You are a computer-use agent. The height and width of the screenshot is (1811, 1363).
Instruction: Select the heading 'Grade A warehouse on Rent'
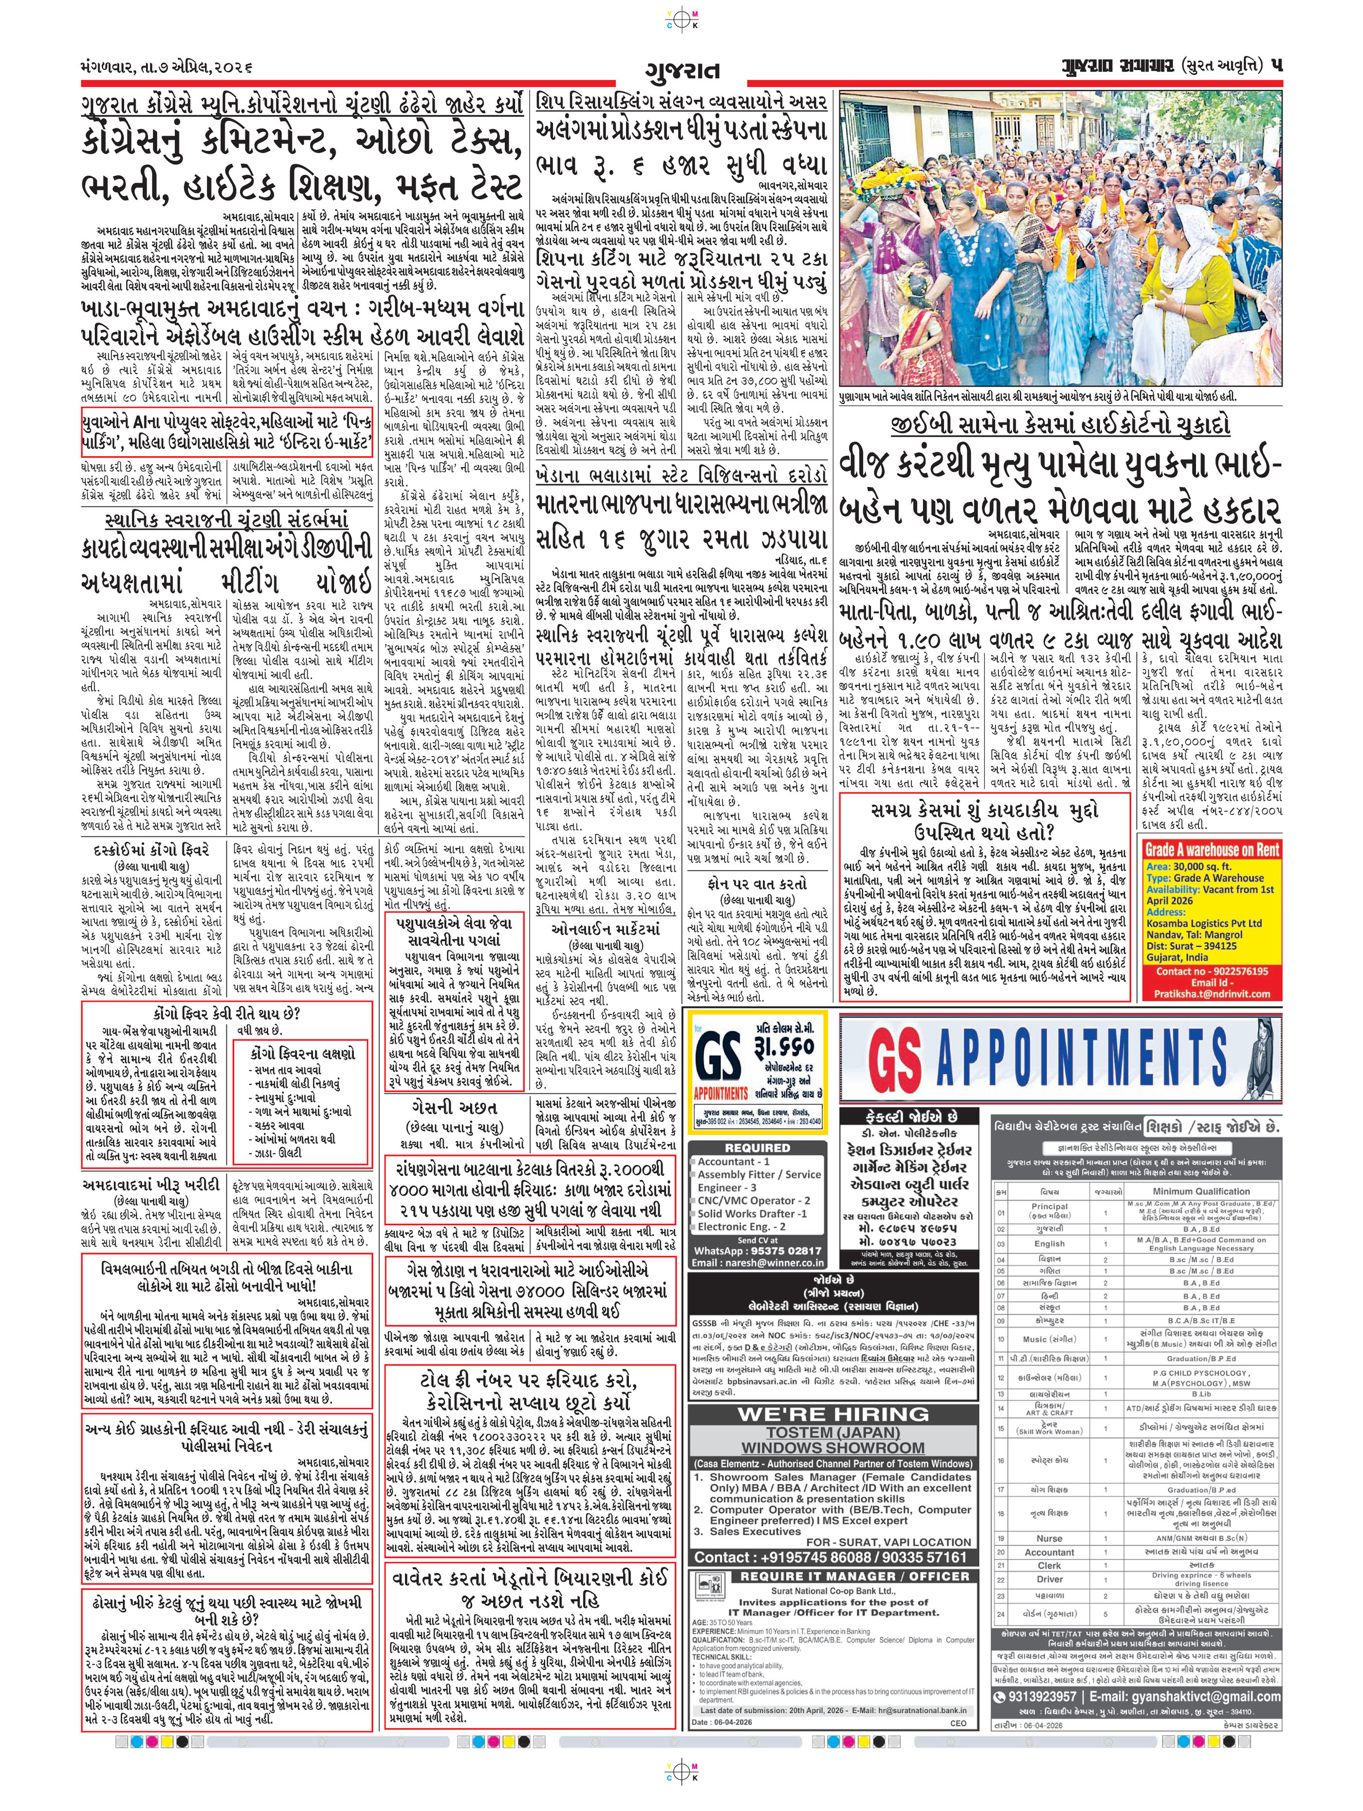1212,850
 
